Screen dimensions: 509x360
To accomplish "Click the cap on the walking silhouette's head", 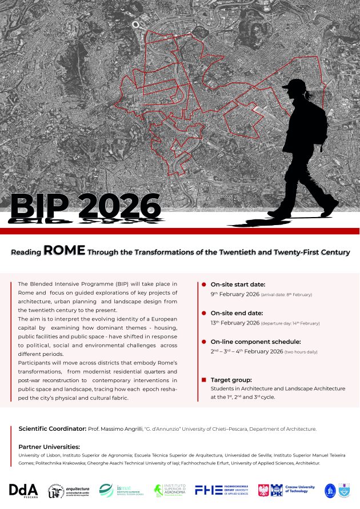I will click(294, 85).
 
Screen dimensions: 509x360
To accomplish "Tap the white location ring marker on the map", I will click(137, 25).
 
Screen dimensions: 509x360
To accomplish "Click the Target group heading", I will click(231, 379).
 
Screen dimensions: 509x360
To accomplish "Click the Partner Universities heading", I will click(49, 447).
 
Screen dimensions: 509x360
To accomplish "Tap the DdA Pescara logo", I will click(23, 490).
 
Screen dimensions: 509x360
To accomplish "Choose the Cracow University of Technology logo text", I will click(300, 490).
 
